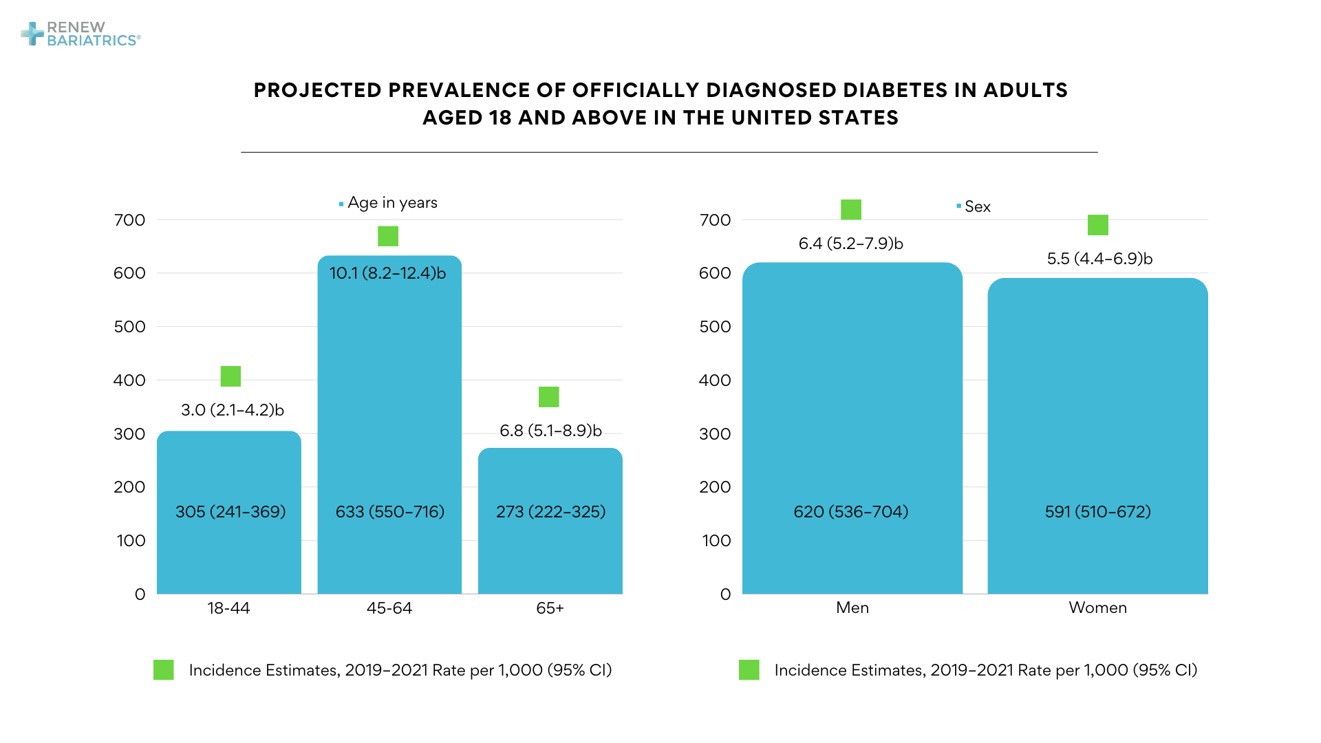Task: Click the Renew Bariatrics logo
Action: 80,34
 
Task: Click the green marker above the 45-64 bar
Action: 388,236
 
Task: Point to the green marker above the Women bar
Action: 1098,225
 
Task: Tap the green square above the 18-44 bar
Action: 230,376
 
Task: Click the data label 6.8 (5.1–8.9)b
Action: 550,431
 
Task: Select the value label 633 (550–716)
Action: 390,512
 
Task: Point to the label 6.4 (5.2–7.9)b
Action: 850,244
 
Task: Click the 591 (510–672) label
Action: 1097,512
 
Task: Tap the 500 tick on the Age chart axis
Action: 129,327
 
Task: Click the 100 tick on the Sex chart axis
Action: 716,541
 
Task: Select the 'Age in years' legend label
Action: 392,203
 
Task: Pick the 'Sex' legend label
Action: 977,206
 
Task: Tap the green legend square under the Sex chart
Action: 749,670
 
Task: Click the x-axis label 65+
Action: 550,608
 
